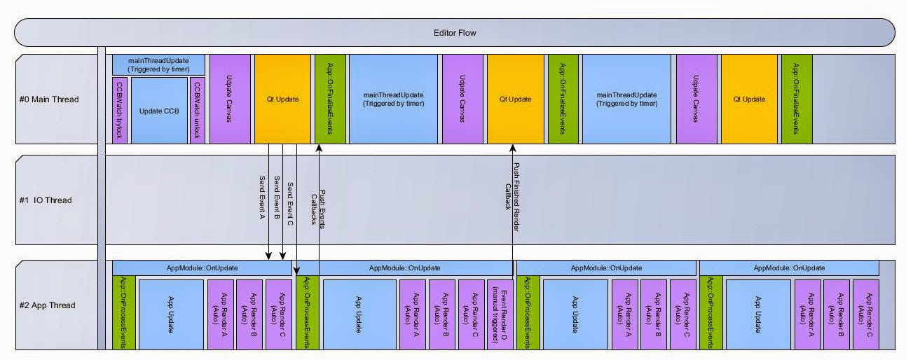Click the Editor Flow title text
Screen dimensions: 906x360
click(455, 33)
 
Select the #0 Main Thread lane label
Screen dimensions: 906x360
click(49, 99)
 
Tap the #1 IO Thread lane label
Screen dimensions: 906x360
click(46, 200)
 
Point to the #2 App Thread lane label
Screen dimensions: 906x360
click(48, 305)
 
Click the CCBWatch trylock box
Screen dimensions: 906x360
click(120, 111)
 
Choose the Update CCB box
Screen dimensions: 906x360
click(159, 111)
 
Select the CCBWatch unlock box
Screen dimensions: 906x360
click(198, 111)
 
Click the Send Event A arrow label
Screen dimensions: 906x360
click(262, 198)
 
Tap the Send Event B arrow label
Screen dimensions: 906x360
click(277, 198)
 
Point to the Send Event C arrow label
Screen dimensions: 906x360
click(290, 204)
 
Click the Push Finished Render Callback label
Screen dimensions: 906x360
click(512, 197)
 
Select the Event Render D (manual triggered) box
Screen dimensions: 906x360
click(500, 314)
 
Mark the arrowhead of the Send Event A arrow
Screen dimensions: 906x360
click(268, 256)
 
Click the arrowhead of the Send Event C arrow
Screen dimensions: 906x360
click(297, 272)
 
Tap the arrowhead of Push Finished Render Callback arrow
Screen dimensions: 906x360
click(512, 148)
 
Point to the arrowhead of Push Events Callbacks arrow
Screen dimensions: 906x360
click(319, 148)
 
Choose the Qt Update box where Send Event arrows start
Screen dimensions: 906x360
click(282, 99)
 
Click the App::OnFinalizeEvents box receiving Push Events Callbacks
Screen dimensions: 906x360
click(331, 99)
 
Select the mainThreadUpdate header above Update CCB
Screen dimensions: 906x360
click(158, 64)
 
